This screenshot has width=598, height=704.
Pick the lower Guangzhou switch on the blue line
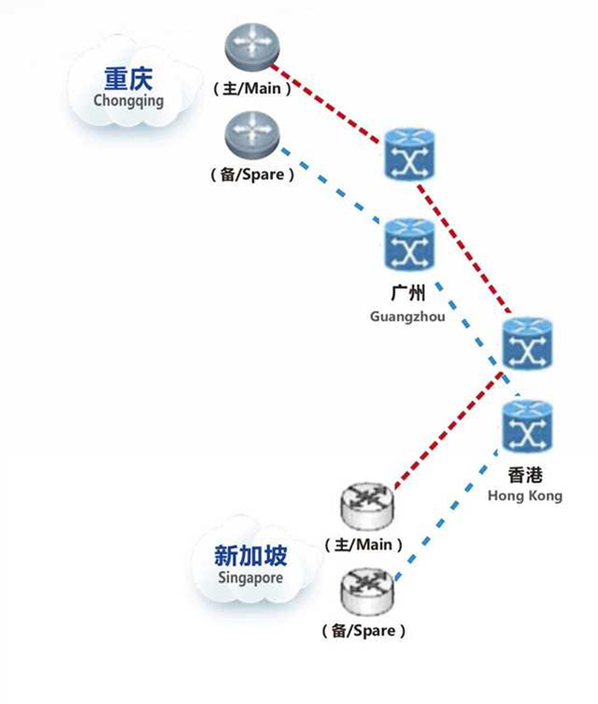click(409, 244)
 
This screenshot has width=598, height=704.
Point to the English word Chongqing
click(128, 101)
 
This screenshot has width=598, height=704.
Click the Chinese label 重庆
click(128, 79)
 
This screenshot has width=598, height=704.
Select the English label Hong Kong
click(524, 496)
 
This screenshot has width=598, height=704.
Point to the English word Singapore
click(250, 577)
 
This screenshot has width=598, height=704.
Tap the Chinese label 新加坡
click(249, 554)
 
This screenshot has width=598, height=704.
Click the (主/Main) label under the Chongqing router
click(252, 89)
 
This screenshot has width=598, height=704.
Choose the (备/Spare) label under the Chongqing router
click(252, 175)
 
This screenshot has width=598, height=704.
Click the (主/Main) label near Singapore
click(364, 545)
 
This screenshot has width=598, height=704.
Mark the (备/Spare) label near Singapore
click(364, 631)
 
